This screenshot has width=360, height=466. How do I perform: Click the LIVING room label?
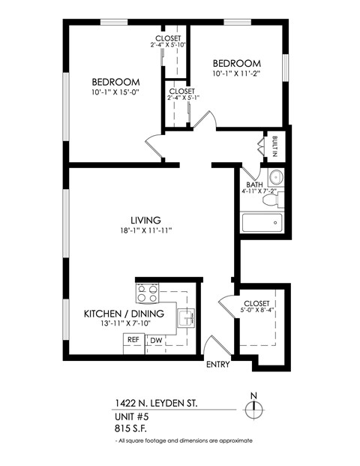tap(145, 220)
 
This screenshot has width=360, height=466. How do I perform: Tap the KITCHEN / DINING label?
tap(119, 314)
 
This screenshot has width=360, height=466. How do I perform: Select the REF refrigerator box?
tap(133, 340)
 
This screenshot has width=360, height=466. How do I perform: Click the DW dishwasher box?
tap(156, 341)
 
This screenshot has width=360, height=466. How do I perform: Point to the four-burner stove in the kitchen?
tap(146, 291)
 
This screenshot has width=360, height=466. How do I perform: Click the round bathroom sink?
tap(274, 179)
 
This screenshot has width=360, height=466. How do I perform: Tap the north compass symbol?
tap(255, 408)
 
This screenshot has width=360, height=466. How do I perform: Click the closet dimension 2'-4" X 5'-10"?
tap(167, 45)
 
